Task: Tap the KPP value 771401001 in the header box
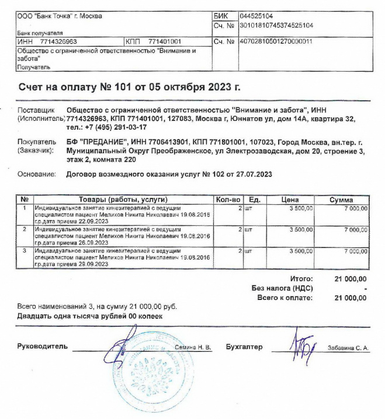pos(165,42)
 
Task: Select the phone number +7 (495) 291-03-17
pos(108,127)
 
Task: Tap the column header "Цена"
pos(290,200)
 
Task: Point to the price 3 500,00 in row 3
pos(301,251)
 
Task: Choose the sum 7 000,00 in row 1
pos(355,208)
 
